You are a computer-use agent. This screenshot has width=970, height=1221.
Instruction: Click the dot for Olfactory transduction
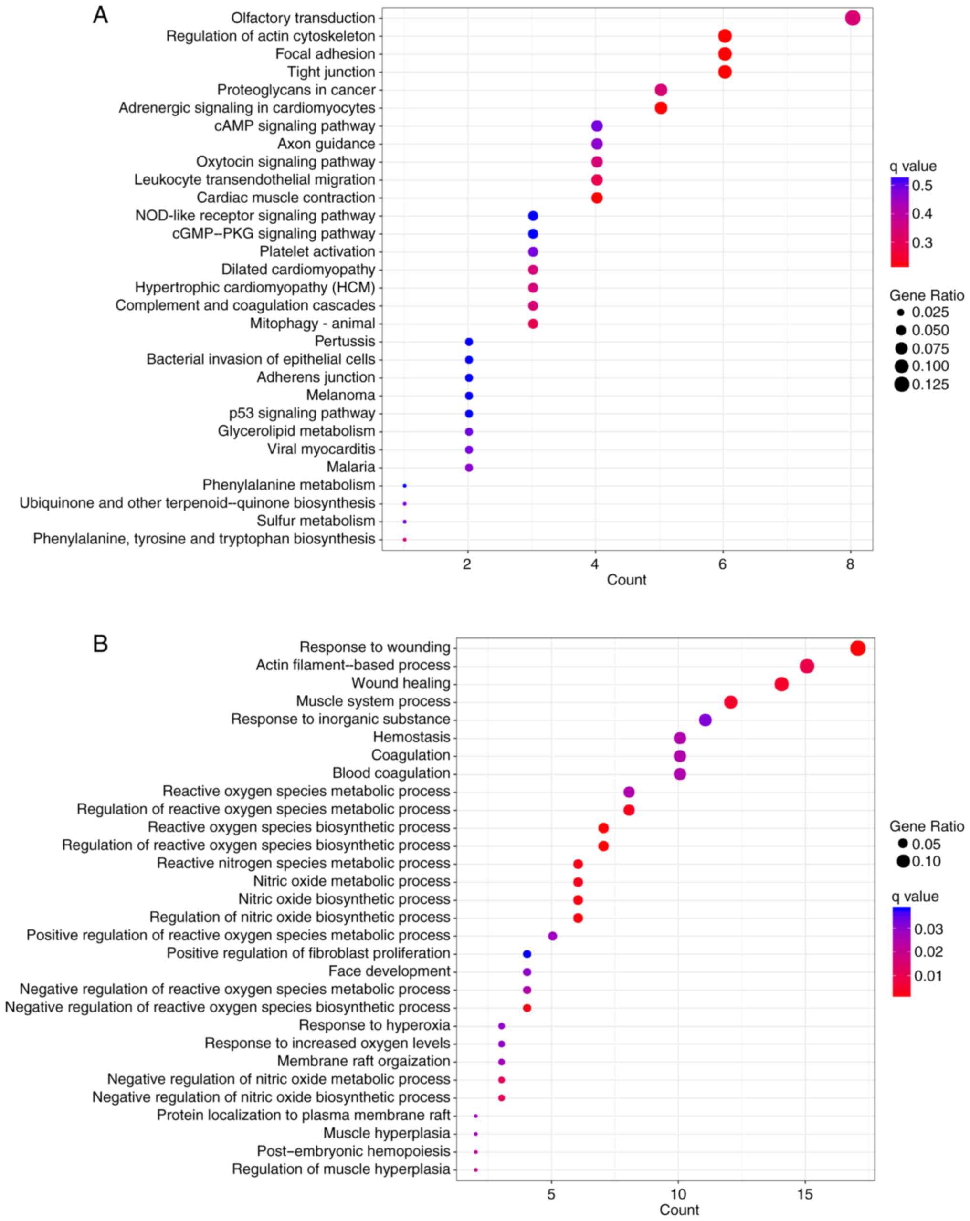click(852, 18)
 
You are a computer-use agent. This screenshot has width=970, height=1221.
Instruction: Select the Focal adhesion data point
click(724, 54)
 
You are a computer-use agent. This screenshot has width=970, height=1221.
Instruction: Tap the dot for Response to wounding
click(857, 648)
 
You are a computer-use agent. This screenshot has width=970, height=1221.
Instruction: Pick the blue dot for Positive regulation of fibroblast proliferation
click(527, 954)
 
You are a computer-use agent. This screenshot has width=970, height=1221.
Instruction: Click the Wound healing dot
click(781, 684)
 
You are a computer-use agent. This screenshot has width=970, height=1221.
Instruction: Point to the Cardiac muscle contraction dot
click(597, 198)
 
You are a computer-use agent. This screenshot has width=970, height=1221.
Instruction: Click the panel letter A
click(100, 15)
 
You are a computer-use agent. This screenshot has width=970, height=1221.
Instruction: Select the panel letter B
click(100, 644)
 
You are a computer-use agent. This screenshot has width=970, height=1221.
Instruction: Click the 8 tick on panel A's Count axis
click(850, 564)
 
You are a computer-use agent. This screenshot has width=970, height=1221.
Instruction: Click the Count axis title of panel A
click(626, 580)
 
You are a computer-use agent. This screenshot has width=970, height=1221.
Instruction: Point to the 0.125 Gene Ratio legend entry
click(930, 385)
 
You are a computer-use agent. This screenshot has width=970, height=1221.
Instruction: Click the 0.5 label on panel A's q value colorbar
click(922, 186)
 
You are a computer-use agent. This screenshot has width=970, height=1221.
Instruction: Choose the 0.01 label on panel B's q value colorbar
click(928, 976)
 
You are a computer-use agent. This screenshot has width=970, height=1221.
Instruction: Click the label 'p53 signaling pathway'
click(302, 413)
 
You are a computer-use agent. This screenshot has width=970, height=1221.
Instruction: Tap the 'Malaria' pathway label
click(351, 467)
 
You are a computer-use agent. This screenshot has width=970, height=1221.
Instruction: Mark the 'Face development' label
click(389, 971)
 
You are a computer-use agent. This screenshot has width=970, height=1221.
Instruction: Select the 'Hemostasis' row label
click(411, 737)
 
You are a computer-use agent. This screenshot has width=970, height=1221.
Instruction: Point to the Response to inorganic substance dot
click(705, 720)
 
